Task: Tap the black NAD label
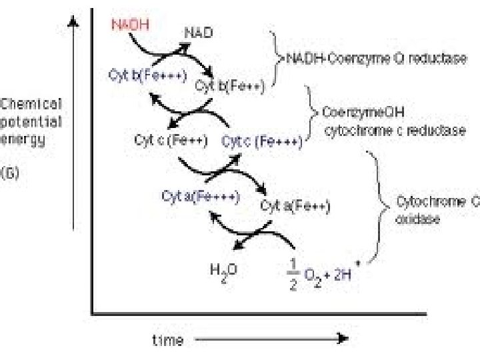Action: click(198, 31)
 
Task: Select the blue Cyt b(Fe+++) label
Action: click(147, 75)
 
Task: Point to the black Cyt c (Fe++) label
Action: click(171, 141)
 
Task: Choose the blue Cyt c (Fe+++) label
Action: click(261, 141)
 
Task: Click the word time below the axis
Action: click(168, 340)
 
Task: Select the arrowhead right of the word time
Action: click(342, 339)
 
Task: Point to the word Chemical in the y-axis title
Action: click(31, 105)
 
